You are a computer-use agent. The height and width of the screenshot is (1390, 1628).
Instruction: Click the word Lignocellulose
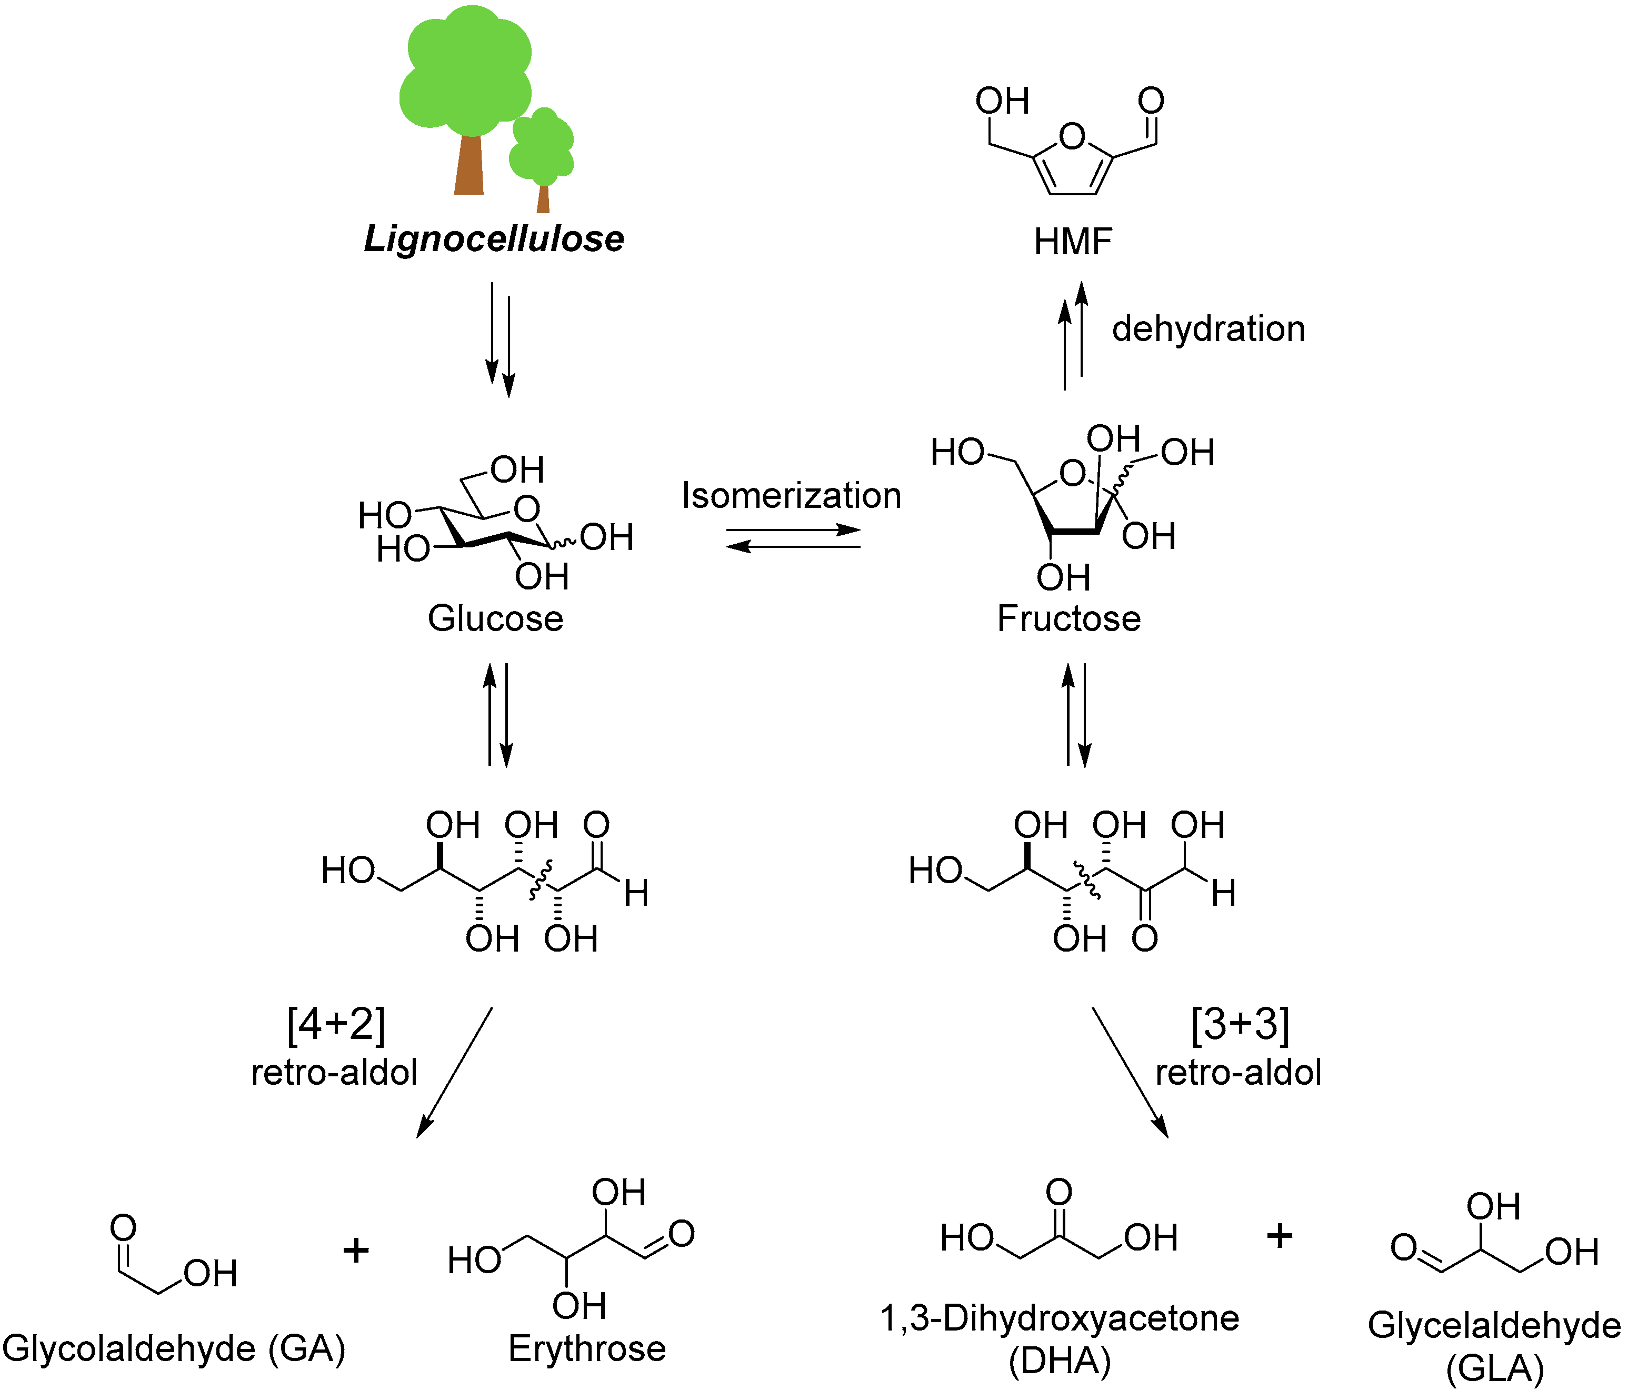pyautogui.click(x=493, y=239)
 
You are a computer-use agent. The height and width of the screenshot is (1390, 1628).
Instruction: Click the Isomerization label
pyautogui.click(x=791, y=496)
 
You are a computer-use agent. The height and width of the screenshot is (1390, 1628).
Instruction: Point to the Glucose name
pyautogui.click(x=495, y=618)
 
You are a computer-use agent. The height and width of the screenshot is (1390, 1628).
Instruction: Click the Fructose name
pyautogui.click(x=1068, y=618)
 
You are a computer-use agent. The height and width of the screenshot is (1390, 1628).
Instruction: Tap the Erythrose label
pyautogui.click(x=587, y=1348)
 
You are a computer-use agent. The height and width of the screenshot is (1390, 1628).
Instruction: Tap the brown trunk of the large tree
pyautogui.click(x=469, y=165)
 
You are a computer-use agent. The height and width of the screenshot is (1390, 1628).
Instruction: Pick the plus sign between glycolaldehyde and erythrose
pyautogui.click(x=356, y=1250)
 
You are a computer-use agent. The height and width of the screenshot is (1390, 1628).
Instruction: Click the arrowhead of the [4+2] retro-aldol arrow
pyautogui.click(x=423, y=1129)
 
